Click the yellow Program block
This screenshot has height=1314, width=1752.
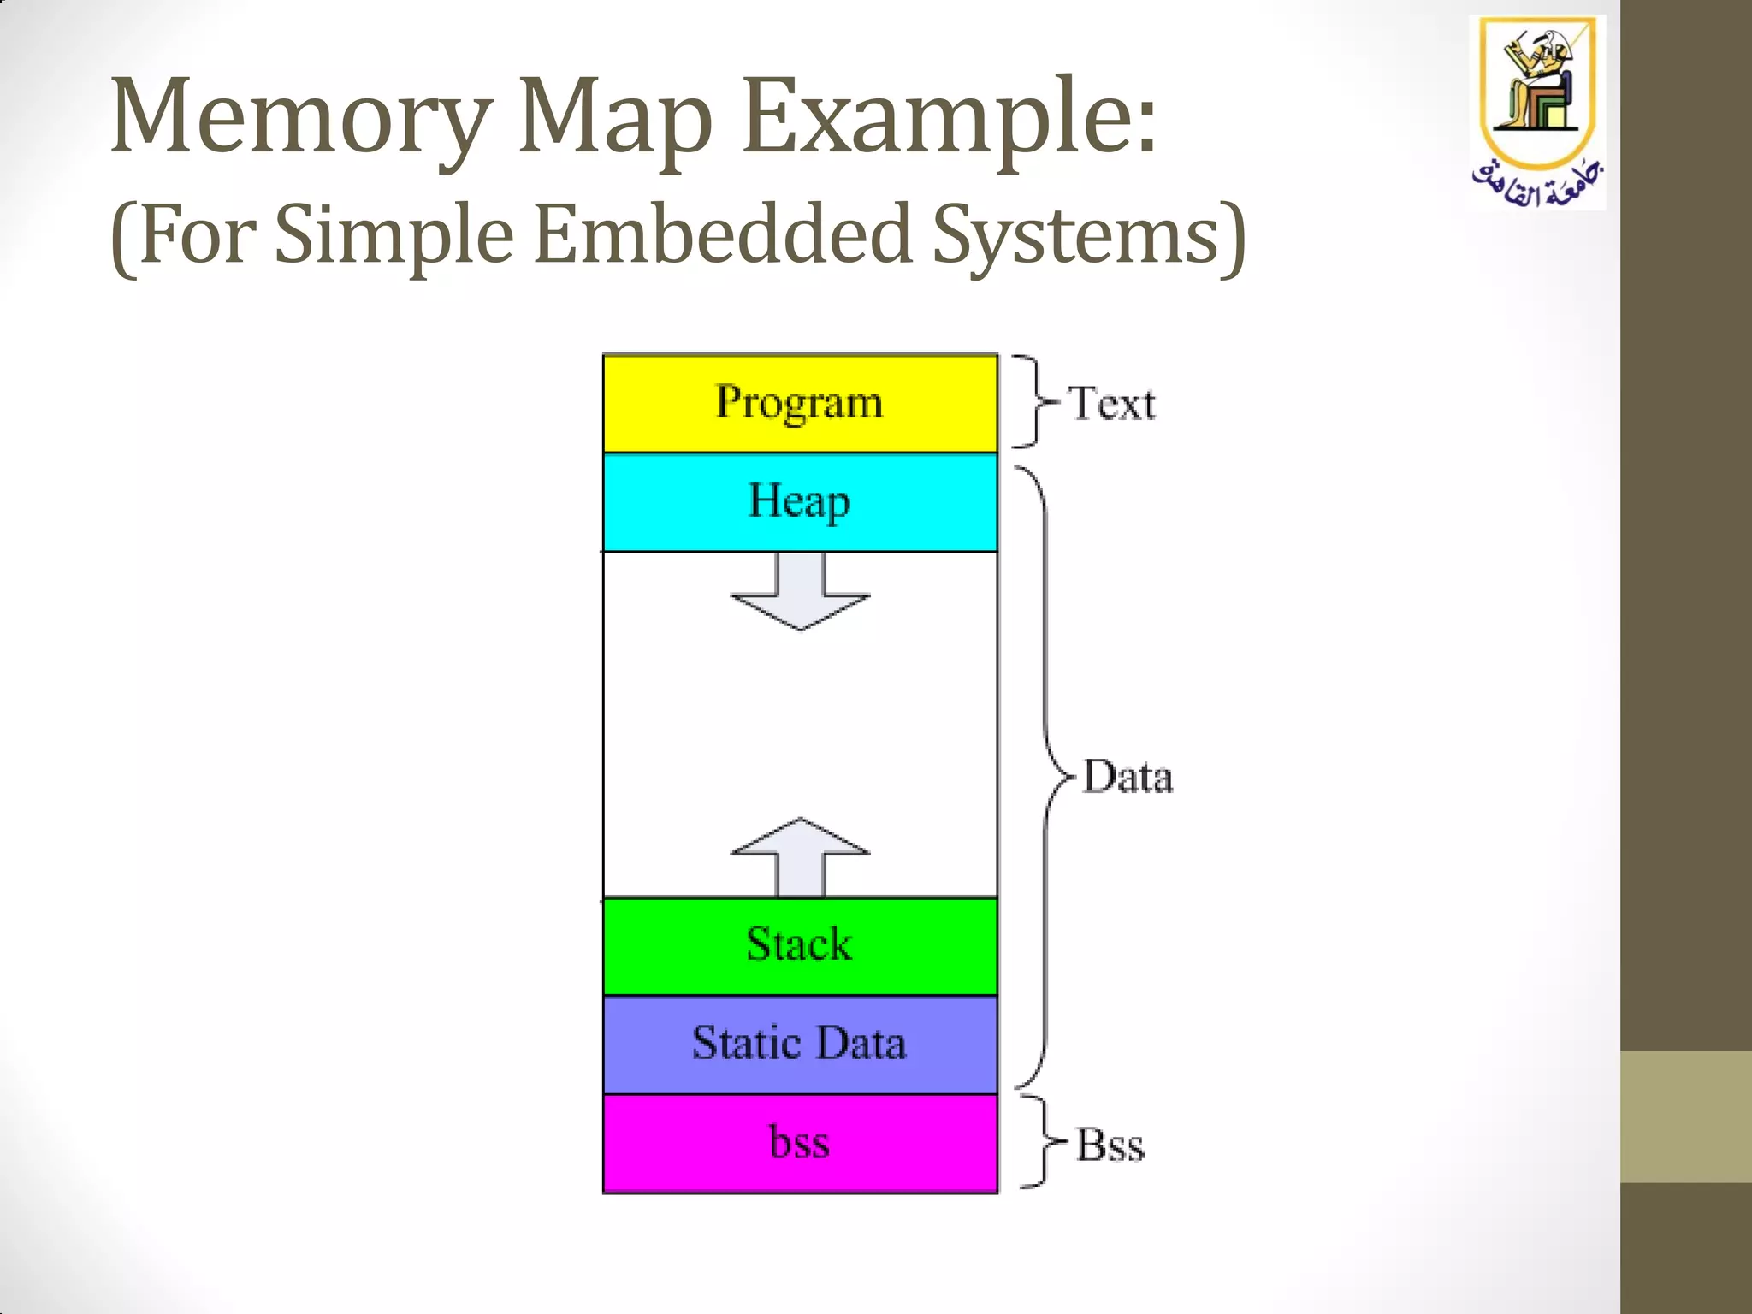[x=800, y=403]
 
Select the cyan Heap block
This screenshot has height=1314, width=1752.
[x=800, y=502]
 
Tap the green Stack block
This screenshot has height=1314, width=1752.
[x=800, y=945]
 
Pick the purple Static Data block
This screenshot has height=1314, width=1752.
[x=800, y=1045]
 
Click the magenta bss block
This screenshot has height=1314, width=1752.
[x=800, y=1144]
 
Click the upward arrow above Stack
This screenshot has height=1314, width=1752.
[x=801, y=855]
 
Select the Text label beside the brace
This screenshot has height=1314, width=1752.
[x=1112, y=404]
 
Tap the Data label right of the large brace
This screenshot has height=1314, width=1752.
[x=1128, y=778]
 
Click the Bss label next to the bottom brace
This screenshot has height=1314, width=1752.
[x=1110, y=1145]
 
